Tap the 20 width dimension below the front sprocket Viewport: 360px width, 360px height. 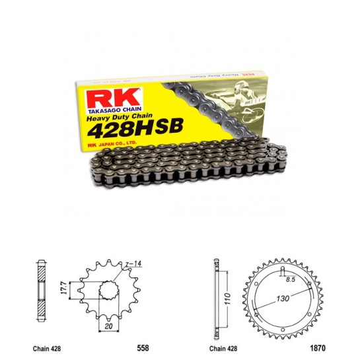107,325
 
